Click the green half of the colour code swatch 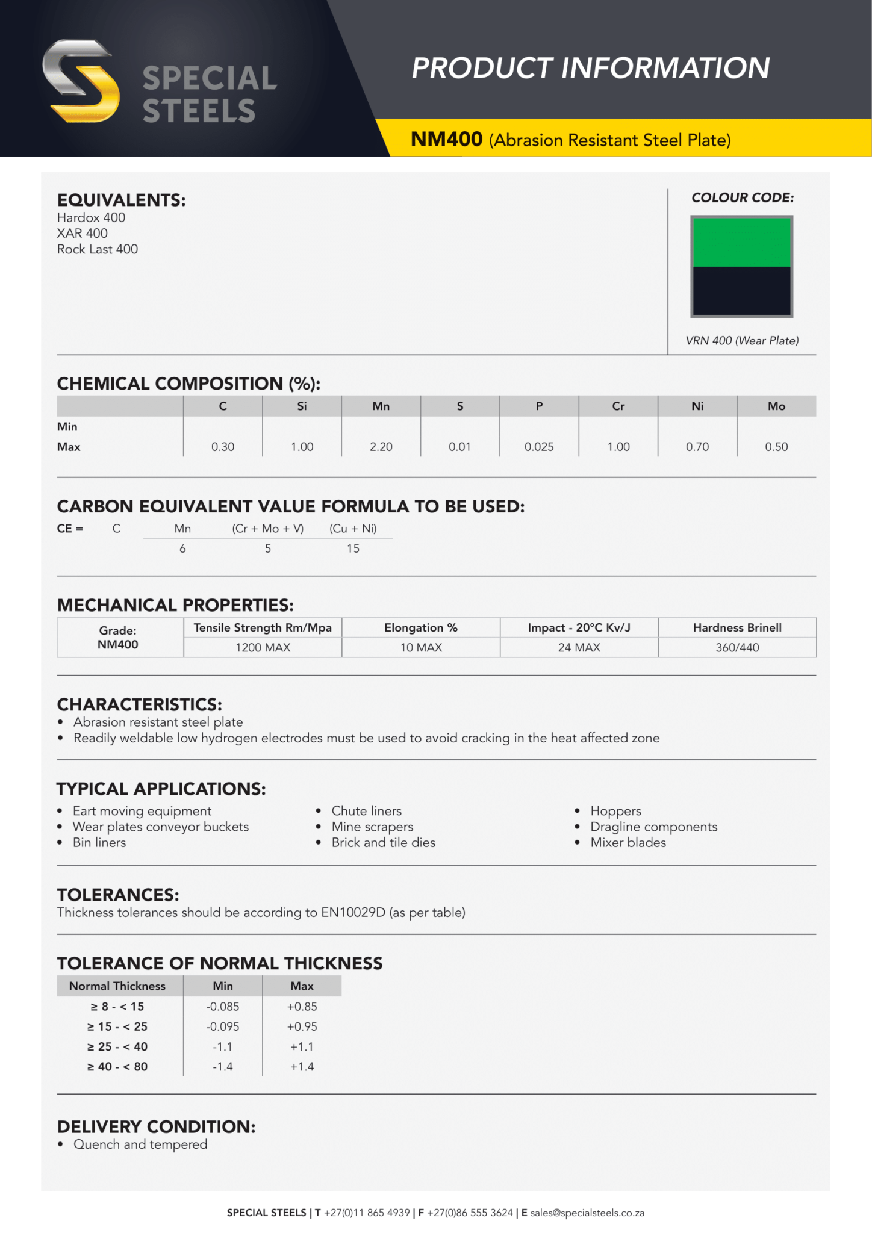pos(741,242)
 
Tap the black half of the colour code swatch pos(741,291)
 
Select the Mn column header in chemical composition pos(381,406)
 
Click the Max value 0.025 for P pos(538,447)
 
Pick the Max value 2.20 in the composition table pos(381,447)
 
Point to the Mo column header pos(776,406)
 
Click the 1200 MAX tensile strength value pos(263,648)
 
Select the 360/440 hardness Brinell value pos(737,648)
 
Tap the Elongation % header pos(421,628)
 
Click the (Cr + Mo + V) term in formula pos(268,529)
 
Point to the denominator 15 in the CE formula pos(353,548)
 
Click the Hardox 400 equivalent pos(92,218)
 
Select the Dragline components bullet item pos(653,827)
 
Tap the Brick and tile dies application pos(383,842)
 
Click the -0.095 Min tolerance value pos(223,1026)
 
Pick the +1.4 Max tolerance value pos(302,1067)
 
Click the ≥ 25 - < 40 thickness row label pos(117,1046)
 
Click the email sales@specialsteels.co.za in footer pos(587,1213)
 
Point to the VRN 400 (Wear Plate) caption pos(742,341)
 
